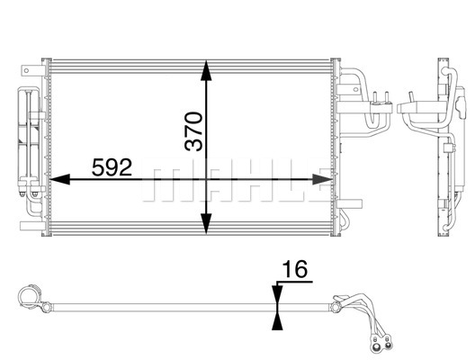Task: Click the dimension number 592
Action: coord(112,167)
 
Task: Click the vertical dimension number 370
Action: coord(193,131)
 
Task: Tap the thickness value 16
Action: coord(295,269)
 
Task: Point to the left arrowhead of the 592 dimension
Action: coord(59,179)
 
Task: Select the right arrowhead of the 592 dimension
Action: coord(323,179)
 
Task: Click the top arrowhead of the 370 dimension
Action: coord(206,70)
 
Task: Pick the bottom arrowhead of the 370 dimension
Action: coord(206,223)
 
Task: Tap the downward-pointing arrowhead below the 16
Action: coord(277,294)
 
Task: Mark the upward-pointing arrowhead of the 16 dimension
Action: coord(277,320)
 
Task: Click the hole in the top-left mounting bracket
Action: coord(26,71)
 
